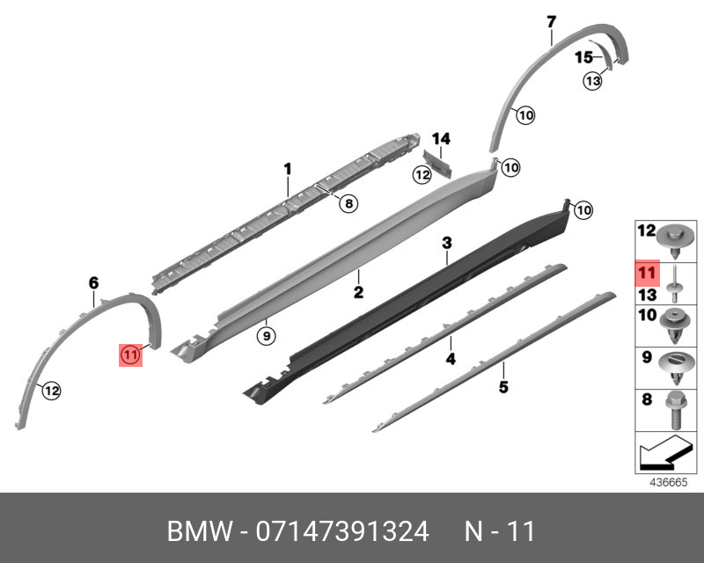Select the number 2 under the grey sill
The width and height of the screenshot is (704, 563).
[359, 290]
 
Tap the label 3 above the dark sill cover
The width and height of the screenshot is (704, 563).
[447, 242]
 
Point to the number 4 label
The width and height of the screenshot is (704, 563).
[450, 359]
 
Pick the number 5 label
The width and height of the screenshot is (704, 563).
[503, 386]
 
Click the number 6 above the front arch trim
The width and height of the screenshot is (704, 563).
[93, 282]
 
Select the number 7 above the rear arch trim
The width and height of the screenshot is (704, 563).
[552, 21]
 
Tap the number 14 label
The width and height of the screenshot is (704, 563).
[441, 138]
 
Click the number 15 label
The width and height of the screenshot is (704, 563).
[584, 57]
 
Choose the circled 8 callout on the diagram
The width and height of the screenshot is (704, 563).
[348, 204]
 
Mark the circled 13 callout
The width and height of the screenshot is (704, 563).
[592, 81]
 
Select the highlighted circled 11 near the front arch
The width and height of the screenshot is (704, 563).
[130, 355]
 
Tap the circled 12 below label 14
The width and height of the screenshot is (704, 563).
[423, 175]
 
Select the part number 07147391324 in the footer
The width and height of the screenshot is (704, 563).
[342, 531]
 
